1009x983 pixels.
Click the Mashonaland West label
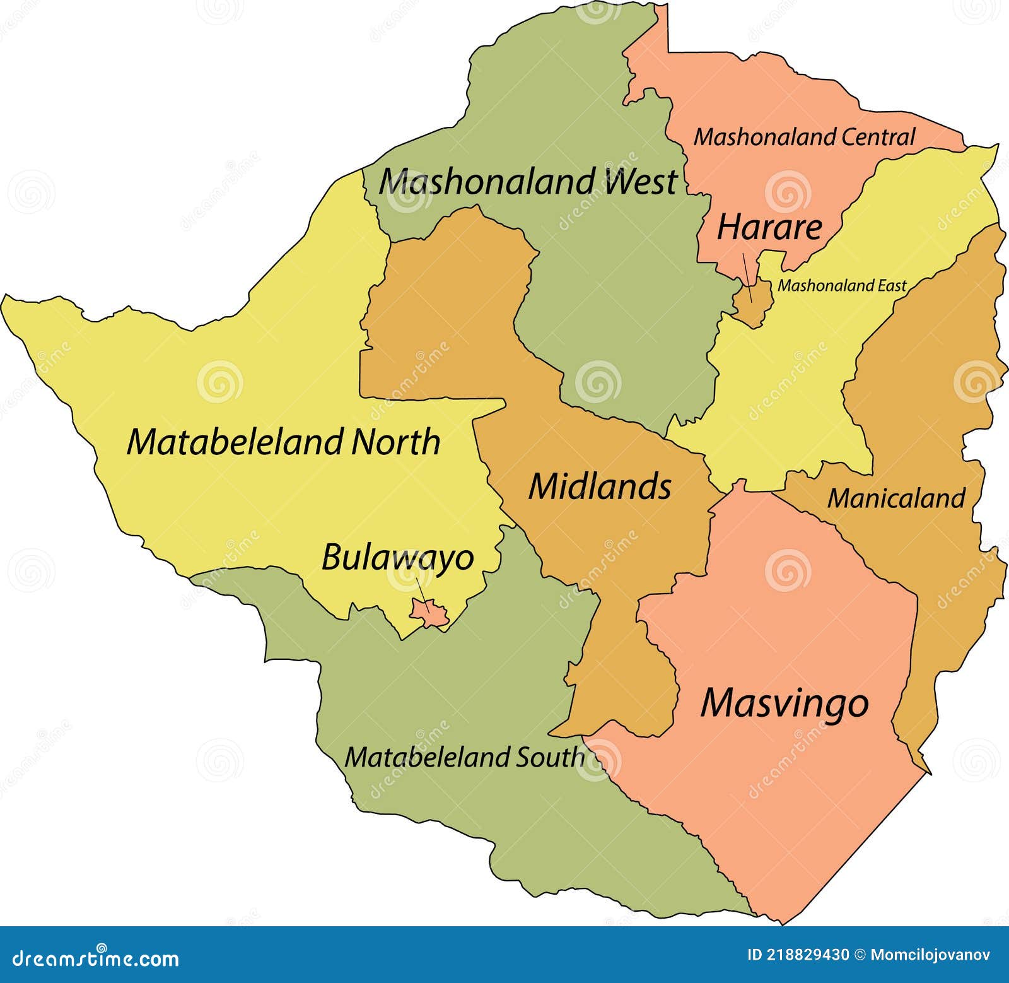coord(527,182)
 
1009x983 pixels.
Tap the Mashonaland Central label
coord(804,137)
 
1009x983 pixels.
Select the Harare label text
coord(769,227)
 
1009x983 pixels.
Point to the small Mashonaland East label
coord(841,286)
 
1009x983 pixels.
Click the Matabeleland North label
coord(283,442)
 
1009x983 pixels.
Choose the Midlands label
coord(599,486)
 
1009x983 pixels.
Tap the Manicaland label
coord(895,498)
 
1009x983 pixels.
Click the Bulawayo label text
coord(397,558)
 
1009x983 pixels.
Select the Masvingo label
coord(784,703)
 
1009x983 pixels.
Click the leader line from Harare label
coord(747,275)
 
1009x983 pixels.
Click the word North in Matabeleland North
coord(395,442)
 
